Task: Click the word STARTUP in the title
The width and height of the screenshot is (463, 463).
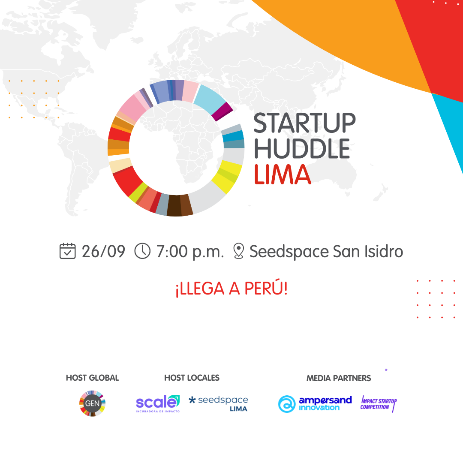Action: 304,123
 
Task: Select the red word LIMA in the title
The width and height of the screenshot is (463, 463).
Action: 283,174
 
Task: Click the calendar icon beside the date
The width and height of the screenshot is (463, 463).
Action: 68,251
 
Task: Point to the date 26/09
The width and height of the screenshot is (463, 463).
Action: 103,252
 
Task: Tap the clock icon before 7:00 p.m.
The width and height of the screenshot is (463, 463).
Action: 142,251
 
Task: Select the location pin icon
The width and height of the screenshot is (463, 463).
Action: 239,251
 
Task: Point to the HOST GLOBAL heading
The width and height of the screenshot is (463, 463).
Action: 93,378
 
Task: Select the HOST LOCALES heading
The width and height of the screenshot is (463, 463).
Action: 192,378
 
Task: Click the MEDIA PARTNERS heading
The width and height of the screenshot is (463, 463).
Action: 339,378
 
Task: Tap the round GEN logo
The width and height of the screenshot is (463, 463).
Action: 93,403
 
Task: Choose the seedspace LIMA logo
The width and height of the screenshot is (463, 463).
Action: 219,404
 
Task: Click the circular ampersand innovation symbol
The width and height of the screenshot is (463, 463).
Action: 287,404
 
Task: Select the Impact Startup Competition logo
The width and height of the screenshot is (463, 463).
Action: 379,404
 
